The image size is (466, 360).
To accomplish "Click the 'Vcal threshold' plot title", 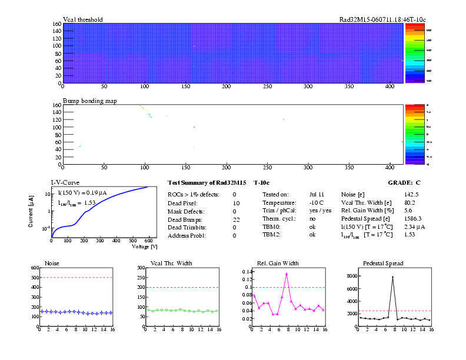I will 83,19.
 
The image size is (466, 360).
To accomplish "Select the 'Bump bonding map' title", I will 89,101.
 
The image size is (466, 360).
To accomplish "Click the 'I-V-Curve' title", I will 65,183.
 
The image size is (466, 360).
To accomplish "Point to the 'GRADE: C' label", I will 404,183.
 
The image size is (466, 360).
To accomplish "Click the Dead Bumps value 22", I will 236,219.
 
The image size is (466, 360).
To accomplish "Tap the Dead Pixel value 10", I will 236,202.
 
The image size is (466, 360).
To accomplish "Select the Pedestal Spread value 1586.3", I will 413,219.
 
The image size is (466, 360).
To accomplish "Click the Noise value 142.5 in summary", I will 411,194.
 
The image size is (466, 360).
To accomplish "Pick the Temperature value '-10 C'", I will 317,202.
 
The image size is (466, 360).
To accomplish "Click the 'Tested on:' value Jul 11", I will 317,194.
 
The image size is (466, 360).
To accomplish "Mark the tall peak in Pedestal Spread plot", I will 392,277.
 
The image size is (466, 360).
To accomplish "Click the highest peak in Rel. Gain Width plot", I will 287,274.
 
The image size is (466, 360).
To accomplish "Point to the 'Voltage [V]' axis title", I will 145,247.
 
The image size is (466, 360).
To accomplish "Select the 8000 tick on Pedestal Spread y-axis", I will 348,275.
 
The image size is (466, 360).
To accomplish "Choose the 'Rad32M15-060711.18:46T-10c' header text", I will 382,19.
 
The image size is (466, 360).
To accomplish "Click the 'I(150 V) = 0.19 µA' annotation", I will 81,192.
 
